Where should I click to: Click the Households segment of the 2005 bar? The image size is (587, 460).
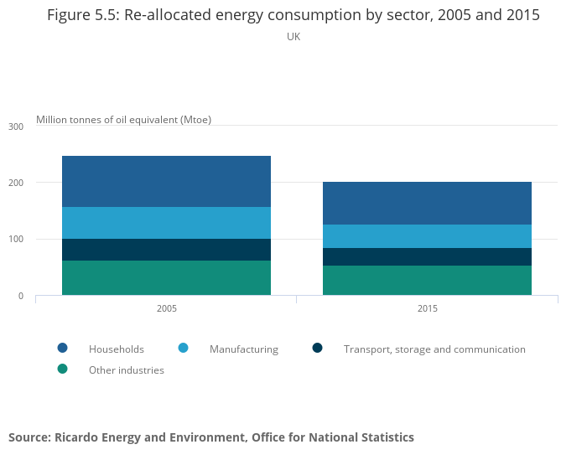(166, 181)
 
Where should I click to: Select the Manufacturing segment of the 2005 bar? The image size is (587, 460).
(166, 223)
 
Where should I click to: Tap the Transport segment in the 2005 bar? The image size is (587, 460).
(166, 250)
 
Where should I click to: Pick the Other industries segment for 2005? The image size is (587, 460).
(166, 277)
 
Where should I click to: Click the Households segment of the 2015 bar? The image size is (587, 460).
(427, 203)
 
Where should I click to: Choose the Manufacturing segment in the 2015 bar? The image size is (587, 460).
(427, 236)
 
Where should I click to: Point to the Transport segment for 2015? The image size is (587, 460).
(427, 256)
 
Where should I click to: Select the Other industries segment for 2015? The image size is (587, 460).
(427, 280)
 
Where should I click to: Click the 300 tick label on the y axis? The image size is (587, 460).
(16, 127)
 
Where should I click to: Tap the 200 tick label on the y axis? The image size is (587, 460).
(16, 183)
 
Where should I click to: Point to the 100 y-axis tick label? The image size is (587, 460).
(16, 240)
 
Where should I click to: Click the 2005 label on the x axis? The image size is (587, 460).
(166, 308)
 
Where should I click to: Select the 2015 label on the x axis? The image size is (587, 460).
(427, 308)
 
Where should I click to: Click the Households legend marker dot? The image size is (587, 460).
(62, 348)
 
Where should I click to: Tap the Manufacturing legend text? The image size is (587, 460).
(244, 349)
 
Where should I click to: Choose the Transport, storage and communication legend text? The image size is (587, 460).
(434, 349)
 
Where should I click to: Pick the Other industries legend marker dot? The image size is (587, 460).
(62, 369)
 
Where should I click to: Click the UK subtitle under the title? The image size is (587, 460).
(293, 37)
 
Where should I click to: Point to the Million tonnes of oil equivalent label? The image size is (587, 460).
(123, 119)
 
